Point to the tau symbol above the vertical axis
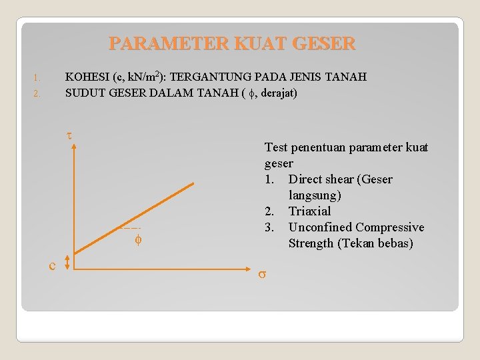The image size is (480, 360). point(69,136)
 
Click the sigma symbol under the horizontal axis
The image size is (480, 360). point(263,274)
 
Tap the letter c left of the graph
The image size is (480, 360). point(52,266)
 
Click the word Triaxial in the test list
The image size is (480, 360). point(309,211)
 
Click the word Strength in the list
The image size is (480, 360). point(311,243)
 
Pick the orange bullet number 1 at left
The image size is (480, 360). point(39,77)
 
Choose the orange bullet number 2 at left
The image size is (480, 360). point(39,93)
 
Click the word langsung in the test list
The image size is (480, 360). point(315,195)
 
